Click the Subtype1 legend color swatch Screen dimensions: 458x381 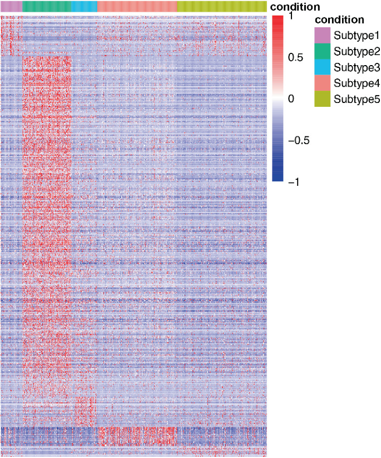[322, 35]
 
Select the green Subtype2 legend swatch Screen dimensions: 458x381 [322, 51]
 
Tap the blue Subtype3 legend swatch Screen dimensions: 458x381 [322, 67]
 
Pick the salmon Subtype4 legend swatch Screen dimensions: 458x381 [322, 83]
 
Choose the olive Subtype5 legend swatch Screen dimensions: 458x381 [322, 100]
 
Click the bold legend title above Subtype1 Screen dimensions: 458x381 [339, 20]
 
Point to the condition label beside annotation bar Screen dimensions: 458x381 [295, 7]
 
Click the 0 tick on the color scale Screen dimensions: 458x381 [291, 99]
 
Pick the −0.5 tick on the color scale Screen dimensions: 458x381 [298, 140]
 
